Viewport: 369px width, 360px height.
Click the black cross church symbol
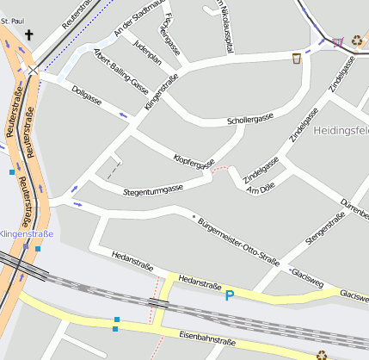pos(30,35)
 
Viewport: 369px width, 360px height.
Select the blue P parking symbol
pos(229,296)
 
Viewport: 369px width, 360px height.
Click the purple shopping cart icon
pos(337,40)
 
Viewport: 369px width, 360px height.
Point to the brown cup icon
pos(297,59)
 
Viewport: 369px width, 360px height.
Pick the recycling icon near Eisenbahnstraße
pos(322,354)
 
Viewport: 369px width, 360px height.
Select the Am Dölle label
pos(260,189)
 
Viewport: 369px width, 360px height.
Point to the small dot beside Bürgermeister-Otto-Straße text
pos(194,215)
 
